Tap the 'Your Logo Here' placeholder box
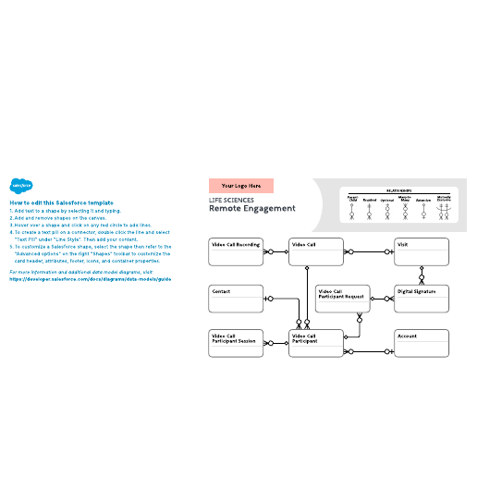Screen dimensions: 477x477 240,186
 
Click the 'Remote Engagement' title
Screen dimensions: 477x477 248,209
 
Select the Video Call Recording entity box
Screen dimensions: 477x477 236,251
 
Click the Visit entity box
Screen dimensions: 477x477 422,251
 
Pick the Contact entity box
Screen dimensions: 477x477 236,298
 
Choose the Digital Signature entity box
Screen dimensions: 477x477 422,298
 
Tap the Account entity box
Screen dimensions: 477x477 422,343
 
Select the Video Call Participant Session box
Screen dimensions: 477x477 236,343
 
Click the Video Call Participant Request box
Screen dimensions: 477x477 343,298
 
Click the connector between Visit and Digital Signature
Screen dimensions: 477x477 422,275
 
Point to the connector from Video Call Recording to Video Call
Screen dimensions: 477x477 275,251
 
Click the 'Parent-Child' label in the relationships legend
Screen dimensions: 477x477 352,199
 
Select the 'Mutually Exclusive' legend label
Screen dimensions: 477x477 444,199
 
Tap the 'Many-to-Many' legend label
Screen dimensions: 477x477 404,199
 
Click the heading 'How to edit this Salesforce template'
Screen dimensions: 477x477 61,202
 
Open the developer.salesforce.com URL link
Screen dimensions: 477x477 91,278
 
